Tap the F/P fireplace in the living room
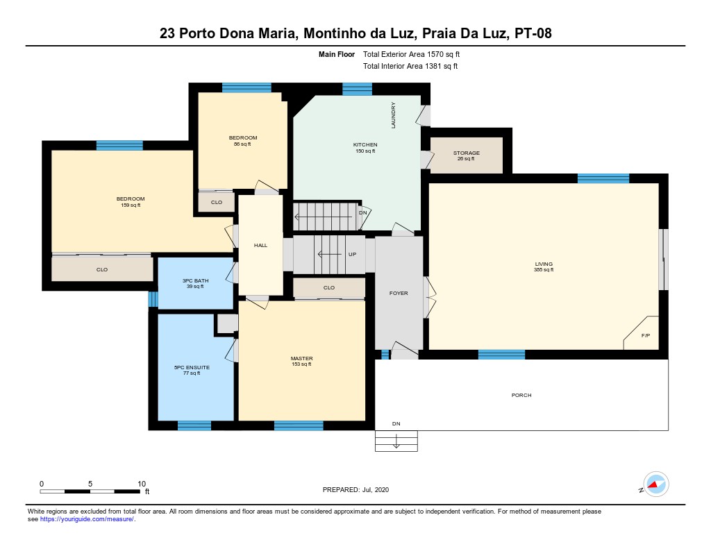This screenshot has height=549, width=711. pyautogui.click(x=645, y=336)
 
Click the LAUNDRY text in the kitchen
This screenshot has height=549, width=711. pyautogui.click(x=393, y=115)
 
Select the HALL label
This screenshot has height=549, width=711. pyautogui.click(x=260, y=245)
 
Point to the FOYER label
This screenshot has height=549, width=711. pyautogui.click(x=399, y=293)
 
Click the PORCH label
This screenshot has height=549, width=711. pyautogui.click(x=521, y=395)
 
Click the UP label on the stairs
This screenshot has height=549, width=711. pyautogui.click(x=352, y=254)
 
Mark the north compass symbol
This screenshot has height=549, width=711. pyautogui.click(x=655, y=484)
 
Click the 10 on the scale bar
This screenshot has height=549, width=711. pyautogui.click(x=142, y=483)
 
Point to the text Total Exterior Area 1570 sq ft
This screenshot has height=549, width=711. pyautogui.click(x=412, y=54)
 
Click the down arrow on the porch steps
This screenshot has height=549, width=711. pyautogui.click(x=396, y=441)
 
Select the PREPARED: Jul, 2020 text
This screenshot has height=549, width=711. pyautogui.click(x=355, y=489)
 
